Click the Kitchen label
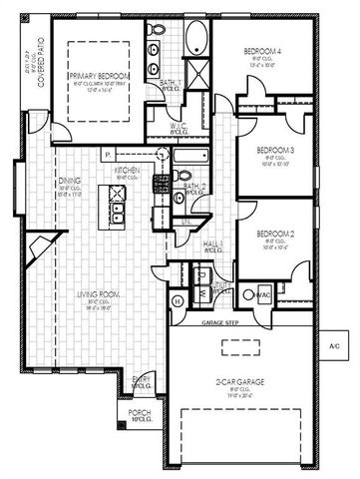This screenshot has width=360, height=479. pos(127,171)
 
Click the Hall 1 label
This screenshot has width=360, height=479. pos(213,243)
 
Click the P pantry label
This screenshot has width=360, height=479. pos(105,155)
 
